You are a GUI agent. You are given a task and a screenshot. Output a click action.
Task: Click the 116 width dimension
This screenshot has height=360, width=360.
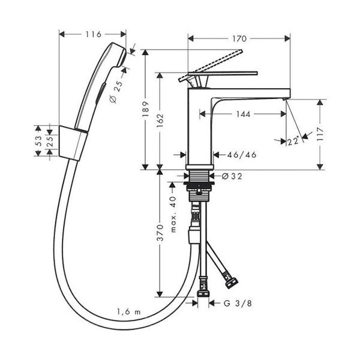94,34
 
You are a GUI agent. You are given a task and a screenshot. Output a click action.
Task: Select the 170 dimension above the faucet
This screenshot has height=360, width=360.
239,38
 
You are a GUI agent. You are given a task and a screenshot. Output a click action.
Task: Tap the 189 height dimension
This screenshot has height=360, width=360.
146,109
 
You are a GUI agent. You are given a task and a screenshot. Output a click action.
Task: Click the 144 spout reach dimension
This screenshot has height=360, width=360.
244,114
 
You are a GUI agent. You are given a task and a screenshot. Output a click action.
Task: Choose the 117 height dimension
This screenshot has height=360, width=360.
320,134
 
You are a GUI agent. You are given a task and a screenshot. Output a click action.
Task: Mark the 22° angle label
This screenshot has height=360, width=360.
293,141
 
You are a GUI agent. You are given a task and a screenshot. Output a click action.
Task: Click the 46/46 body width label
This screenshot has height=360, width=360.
242,155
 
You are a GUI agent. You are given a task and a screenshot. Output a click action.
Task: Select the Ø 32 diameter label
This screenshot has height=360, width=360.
232,176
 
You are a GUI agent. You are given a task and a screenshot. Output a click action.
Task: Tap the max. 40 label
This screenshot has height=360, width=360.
173,214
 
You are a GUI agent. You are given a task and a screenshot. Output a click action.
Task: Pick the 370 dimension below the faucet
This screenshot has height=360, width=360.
160,233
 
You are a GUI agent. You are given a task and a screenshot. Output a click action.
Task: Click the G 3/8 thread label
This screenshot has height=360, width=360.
238,303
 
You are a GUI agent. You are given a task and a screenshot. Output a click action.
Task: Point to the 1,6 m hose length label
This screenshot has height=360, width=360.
129,312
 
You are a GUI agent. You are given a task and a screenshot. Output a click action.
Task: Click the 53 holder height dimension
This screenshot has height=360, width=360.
38,141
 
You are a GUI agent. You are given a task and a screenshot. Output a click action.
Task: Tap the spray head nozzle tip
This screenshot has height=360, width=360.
123,58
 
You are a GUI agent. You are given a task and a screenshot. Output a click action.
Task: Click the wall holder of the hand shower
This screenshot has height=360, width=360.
73,143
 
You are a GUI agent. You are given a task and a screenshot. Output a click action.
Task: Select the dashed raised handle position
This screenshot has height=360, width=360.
211,65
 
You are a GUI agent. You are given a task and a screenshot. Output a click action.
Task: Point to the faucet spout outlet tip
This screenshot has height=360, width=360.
284,99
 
